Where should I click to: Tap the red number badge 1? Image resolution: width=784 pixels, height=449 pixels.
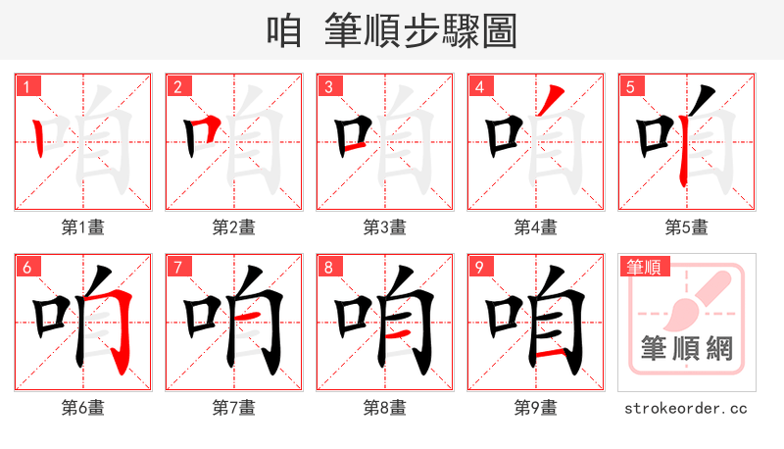click(27, 86)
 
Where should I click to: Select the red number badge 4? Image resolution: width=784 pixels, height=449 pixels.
click(480, 86)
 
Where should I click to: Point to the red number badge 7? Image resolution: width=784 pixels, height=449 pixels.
click(178, 267)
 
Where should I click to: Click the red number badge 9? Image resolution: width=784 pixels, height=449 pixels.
click(480, 267)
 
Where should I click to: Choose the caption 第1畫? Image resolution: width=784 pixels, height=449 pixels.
click(83, 227)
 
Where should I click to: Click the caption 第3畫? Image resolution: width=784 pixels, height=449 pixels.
click(385, 227)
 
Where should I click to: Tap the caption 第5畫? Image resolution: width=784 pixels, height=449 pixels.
click(687, 227)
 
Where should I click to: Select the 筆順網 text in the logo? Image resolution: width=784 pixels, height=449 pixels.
click(687, 348)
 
